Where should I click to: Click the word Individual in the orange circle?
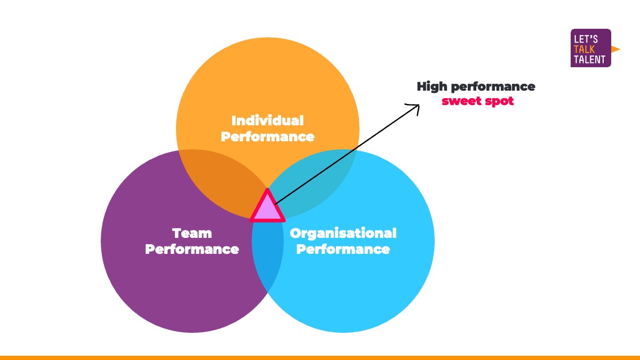(267, 120)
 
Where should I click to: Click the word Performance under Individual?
(267, 137)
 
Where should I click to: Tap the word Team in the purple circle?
(192, 233)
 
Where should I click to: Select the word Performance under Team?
(192, 249)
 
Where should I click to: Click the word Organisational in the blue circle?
(343, 233)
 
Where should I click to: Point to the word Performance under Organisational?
(343, 249)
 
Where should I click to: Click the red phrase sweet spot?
(477, 101)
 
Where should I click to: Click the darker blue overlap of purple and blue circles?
(267, 256)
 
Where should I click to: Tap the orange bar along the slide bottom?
(320, 357)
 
